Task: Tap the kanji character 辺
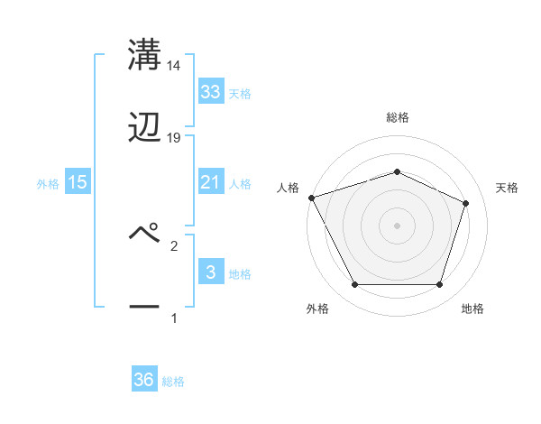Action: (144, 127)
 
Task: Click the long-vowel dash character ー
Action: (144, 307)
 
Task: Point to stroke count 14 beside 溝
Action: (174, 66)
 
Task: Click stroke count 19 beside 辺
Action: (174, 138)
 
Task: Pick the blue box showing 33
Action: (210, 91)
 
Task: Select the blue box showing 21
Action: (210, 182)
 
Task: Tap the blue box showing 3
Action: (210, 272)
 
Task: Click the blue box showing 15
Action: (78, 182)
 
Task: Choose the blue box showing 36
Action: (143, 380)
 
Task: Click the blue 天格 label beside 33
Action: (240, 93)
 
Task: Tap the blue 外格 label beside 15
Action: (48, 183)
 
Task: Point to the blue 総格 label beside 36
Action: (173, 382)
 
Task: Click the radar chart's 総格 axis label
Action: (397, 117)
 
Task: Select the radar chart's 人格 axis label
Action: (288, 188)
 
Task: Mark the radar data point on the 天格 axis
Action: (466, 203)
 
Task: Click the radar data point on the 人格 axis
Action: (311, 198)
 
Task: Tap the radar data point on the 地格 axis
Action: (439, 285)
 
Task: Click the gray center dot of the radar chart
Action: (397, 225)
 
